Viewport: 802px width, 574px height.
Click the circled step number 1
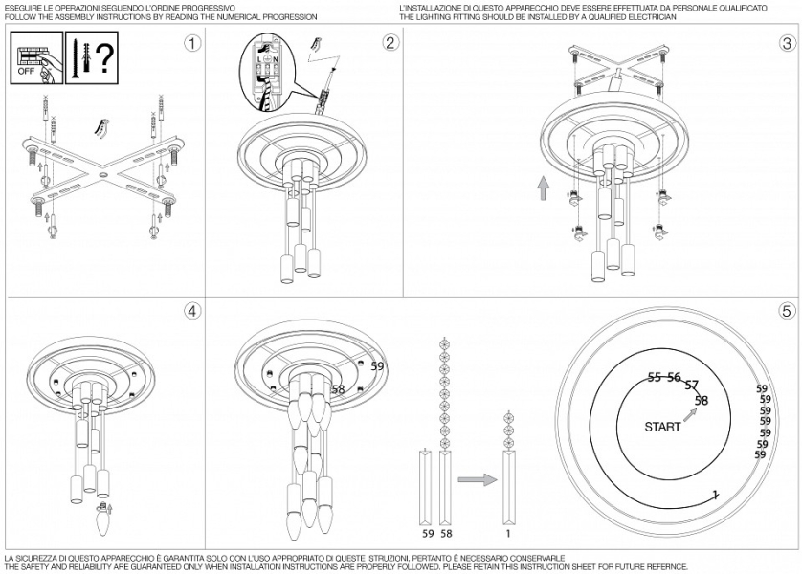coord(194,43)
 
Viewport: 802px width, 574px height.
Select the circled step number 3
coord(787,43)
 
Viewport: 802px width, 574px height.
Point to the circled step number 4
coord(194,311)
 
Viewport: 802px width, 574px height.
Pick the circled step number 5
coord(787,311)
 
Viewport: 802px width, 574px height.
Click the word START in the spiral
coord(662,427)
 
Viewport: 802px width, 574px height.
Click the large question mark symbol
coord(102,57)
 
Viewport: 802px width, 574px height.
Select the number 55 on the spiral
coord(655,377)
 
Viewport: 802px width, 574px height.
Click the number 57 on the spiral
coord(692,386)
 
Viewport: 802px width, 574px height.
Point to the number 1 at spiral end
coord(714,494)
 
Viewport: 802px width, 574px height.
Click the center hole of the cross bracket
coord(102,176)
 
